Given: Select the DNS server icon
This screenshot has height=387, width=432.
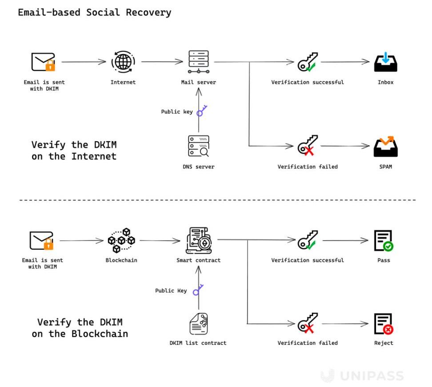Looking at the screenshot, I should pos(198,146).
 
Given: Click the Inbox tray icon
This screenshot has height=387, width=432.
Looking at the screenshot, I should pos(385,62).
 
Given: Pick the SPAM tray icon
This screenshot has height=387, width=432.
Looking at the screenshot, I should pos(385,146).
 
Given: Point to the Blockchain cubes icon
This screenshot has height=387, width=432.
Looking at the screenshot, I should pos(121,240).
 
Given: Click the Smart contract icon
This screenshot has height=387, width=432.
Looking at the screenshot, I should pos(198,240).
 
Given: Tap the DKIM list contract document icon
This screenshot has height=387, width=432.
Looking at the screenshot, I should pos(198,324).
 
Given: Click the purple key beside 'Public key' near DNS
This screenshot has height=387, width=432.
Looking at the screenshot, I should pos(202,111).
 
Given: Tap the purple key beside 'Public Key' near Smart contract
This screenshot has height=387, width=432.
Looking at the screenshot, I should pos(197,290).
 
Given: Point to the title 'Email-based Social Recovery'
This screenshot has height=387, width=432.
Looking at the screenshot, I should pos(94,12).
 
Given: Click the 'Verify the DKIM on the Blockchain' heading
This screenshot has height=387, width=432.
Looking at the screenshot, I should pos(80,328).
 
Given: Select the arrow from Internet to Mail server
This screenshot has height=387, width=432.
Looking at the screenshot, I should pos(160,62).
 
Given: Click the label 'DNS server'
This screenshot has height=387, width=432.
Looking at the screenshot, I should pos(198,167).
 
